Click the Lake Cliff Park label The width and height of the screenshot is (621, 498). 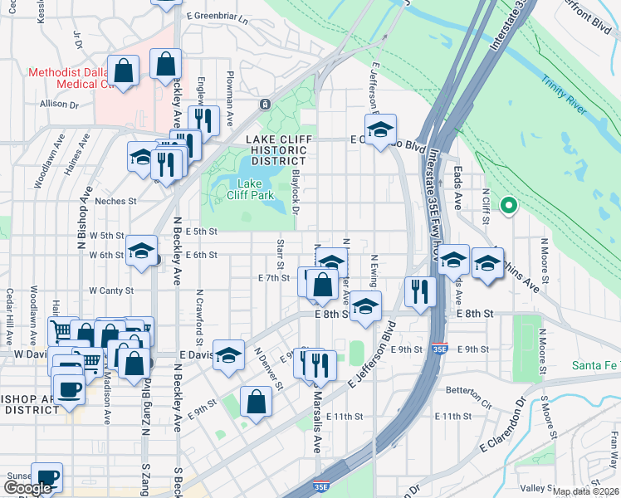[x=251, y=189]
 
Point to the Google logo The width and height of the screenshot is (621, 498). [x=27, y=488]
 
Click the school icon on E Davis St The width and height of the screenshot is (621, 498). [x=228, y=356]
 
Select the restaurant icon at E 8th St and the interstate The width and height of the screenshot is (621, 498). [x=420, y=292]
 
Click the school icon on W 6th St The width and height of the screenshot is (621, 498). [x=142, y=251]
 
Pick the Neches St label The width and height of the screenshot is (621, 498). [x=115, y=201]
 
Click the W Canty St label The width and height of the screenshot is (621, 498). [x=111, y=290]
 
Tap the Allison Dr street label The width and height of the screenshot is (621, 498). [x=58, y=105]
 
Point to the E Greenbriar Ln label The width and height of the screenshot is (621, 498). [x=218, y=16]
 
